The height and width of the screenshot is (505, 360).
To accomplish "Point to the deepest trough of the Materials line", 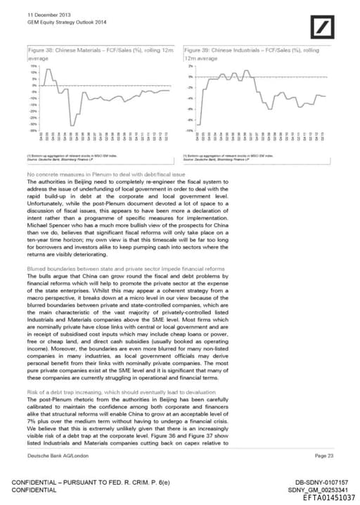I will (x=71, y=122).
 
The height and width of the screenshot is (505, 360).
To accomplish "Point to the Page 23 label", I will (x=325, y=456).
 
